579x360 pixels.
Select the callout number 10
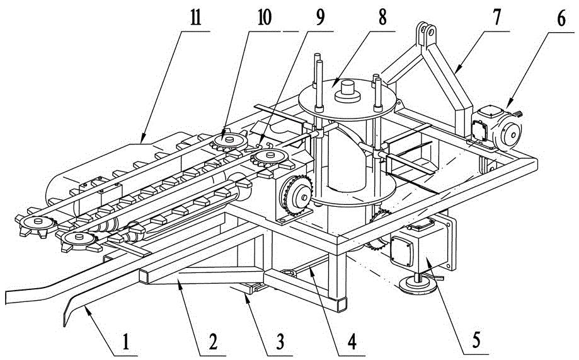tap(264, 18)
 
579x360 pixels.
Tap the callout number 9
tap(319, 18)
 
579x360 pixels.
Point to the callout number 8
tap(382, 18)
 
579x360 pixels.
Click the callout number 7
tap(496, 17)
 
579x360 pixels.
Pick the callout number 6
tap(561, 18)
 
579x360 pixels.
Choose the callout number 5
tap(476, 340)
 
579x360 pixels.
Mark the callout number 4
tap(352, 342)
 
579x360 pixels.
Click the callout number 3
tap(280, 342)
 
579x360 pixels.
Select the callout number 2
tap(213, 342)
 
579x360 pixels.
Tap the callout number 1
tap(125, 342)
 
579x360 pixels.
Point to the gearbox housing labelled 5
tap(421, 245)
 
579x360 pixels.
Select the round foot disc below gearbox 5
tap(418, 286)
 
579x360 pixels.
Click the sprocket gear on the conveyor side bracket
tap(297, 195)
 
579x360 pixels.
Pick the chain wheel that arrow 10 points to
tap(229, 141)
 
